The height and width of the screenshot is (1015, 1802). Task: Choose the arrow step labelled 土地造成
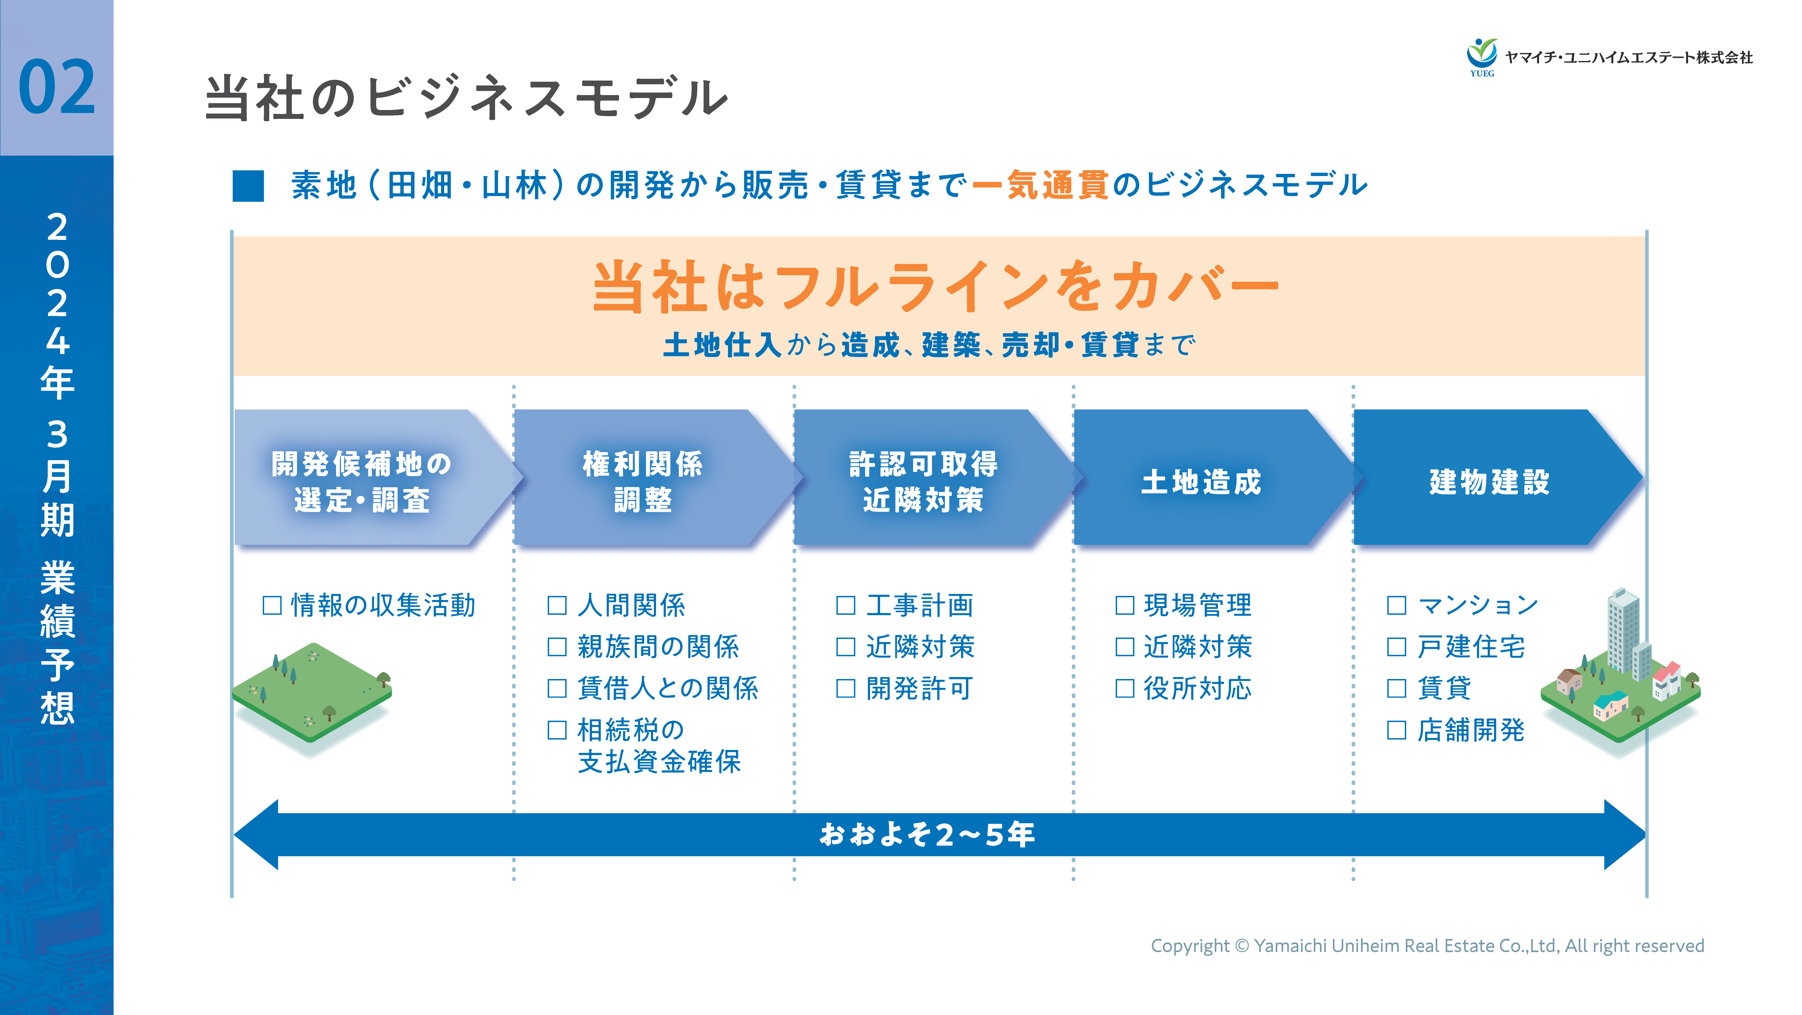click(x=1201, y=481)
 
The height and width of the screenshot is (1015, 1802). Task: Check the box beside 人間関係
click(x=557, y=605)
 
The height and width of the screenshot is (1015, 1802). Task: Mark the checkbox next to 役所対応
click(x=1124, y=688)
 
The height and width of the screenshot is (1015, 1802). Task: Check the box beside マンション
click(x=1396, y=605)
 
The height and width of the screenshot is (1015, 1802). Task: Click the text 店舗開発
click(x=1471, y=730)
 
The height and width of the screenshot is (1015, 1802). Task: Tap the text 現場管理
click(x=1198, y=605)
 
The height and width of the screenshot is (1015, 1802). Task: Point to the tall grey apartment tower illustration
click(x=1622, y=630)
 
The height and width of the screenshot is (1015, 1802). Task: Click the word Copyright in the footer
click(x=1189, y=946)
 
